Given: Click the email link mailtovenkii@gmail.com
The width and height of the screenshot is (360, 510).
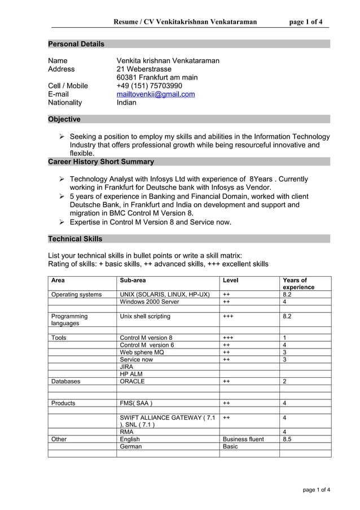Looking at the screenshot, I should (x=155, y=94).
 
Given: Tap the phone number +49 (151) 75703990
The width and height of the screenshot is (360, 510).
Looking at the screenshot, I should (x=149, y=86).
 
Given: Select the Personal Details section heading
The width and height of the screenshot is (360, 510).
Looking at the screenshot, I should (x=76, y=44).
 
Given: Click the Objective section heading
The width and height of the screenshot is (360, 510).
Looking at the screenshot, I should (x=64, y=119).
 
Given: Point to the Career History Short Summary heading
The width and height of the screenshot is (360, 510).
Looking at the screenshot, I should (x=101, y=162).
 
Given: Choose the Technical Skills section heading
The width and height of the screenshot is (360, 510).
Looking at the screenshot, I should (x=75, y=239).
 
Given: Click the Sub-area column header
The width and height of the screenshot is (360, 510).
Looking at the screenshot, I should (x=133, y=280).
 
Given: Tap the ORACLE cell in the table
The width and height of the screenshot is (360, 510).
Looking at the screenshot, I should (x=132, y=381).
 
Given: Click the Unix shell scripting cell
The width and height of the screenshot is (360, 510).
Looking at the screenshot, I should (x=145, y=316).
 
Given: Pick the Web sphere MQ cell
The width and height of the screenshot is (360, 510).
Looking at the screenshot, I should (x=142, y=352).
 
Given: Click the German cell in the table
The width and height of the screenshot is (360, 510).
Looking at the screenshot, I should (x=131, y=446).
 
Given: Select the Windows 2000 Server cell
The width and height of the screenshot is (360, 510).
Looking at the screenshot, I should (x=149, y=302).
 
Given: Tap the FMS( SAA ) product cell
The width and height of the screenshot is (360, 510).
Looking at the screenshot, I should (x=135, y=403).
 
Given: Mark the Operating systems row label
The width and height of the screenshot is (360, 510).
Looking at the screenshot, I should (x=76, y=294).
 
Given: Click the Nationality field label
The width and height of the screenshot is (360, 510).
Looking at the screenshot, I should (x=65, y=103).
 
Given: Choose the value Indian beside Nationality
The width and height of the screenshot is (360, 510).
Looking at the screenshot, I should (x=126, y=103).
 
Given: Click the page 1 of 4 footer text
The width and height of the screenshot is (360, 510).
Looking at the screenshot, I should (x=317, y=490).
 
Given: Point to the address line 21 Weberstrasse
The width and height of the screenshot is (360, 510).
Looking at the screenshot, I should (x=144, y=69).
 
